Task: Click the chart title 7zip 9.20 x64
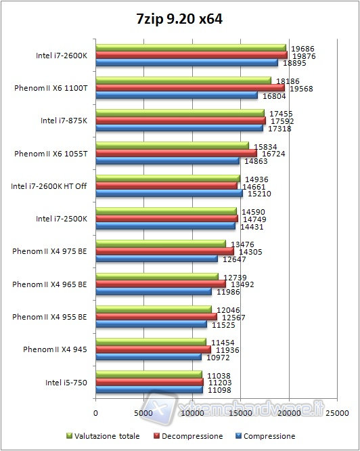pos(179,20)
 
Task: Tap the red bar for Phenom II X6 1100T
pos(190,87)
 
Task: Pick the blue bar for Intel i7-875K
pos(179,128)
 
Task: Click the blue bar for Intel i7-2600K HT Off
pos(169,193)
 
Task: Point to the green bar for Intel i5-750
pos(149,374)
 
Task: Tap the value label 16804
pos(271,95)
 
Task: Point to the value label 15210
pos(256,193)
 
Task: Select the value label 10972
pos(215,357)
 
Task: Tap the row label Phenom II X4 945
pos(55,349)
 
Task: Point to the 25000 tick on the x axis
pos(337,412)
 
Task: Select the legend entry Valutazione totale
pos(108,436)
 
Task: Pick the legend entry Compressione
pos(269,436)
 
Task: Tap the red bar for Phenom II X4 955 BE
pos(156,316)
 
